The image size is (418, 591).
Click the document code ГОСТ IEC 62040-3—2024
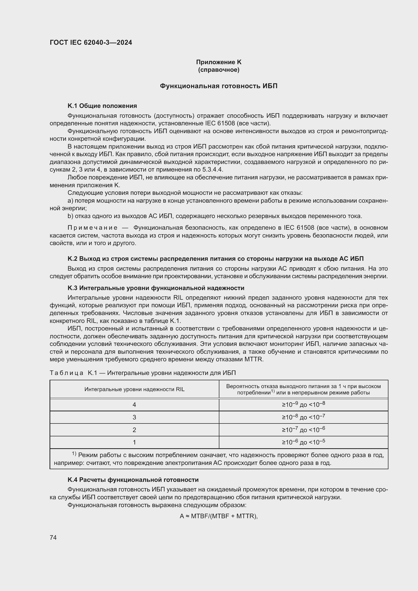pyautogui.click(x=91, y=42)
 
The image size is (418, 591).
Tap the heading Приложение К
pyautogui.click(x=219, y=62)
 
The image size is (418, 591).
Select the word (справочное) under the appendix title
pyautogui.click(x=219, y=70)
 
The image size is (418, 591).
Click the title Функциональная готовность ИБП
pyautogui.click(x=219, y=86)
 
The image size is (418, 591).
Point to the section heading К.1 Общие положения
pyautogui.click(x=102, y=106)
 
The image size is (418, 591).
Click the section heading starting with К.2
pyautogui.click(x=215, y=259)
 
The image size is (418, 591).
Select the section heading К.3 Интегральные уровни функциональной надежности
pyautogui.click(x=156, y=288)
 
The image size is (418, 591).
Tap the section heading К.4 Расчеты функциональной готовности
pyautogui.click(x=133, y=480)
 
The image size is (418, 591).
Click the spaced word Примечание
pyautogui.click(x=92, y=228)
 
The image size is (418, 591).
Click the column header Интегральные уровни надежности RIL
pyautogui.click(x=134, y=389)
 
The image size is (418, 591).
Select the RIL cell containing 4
pyautogui.click(x=134, y=405)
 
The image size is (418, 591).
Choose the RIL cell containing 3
pyautogui.click(x=134, y=417)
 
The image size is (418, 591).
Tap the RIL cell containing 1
pyautogui.click(x=134, y=442)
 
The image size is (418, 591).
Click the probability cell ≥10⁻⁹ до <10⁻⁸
pyautogui.click(x=303, y=404)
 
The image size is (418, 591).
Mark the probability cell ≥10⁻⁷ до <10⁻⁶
pyautogui.click(x=303, y=430)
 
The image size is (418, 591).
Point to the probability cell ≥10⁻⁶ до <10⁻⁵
pyautogui.click(x=303, y=442)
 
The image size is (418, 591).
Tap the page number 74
pyautogui.click(x=53, y=537)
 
